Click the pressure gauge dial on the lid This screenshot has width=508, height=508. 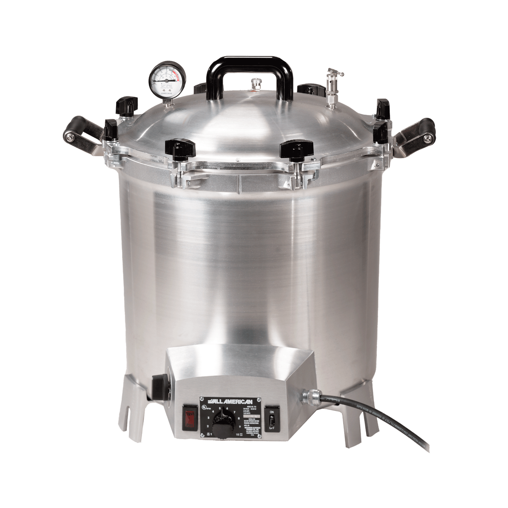(167, 77)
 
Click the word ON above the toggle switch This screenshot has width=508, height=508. (272, 411)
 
